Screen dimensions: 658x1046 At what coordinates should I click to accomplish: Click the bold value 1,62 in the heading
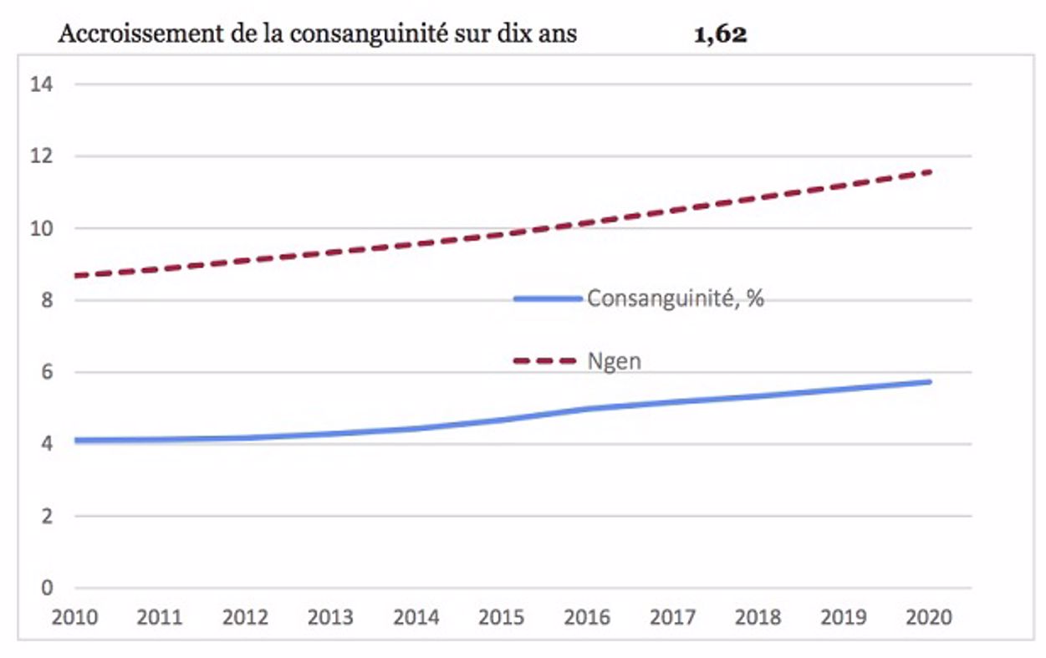[720, 37]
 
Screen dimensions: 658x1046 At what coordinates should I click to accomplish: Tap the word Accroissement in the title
[125, 37]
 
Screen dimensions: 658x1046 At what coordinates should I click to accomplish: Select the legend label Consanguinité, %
[676, 298]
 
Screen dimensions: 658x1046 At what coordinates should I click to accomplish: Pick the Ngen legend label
[614, 361]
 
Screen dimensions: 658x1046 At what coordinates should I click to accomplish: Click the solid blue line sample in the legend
[548, 298]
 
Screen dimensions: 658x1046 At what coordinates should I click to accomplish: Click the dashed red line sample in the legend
[545, 361]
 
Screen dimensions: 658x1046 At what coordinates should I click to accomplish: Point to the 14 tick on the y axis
[42, 84]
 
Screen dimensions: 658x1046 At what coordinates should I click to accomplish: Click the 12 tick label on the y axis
[42, 156]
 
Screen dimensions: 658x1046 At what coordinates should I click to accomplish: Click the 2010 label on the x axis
[74, 618]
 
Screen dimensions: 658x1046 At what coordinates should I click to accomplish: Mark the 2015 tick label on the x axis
[502, 618]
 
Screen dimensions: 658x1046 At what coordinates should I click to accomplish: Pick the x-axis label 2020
[929, 618]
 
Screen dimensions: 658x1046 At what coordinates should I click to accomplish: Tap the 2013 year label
[330, 618]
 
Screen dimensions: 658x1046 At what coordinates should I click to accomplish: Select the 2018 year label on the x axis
[758, 618]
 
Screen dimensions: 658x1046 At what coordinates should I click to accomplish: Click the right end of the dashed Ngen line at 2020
[930, 172]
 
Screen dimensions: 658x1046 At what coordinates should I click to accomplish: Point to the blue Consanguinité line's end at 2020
[930, 382]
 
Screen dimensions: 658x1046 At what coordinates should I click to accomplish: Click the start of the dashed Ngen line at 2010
[76, 275]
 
